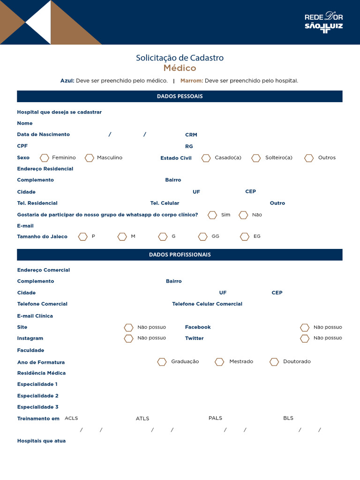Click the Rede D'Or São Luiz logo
[323, 22]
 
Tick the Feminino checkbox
[45, 158]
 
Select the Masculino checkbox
[89, 158]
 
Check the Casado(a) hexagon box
[206, 158]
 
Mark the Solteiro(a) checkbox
[256, 158]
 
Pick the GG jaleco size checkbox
[203, 237]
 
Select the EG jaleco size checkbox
[245, 237]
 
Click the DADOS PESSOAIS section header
[180, 97]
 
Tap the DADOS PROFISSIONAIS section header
[180, 255]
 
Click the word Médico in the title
[180, 68]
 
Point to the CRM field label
[191, 135]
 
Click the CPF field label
[22, 146]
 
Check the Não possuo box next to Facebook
[305, 328]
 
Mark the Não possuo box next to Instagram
[128, 338]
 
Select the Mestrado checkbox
[219, 362]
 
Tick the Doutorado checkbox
[274, 362]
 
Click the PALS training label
[215, 418]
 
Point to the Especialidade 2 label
[38, 396]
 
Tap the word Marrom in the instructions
[191, 81]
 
